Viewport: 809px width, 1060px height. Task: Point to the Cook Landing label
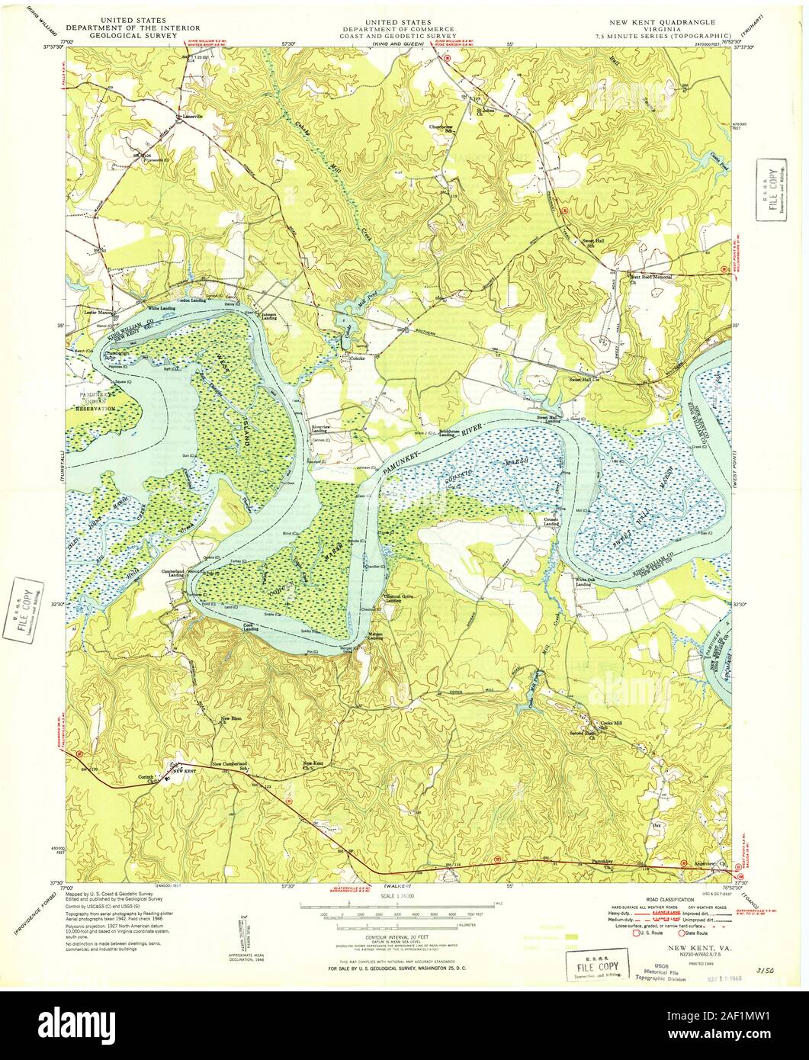pos(251,628)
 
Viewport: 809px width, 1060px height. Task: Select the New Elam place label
pos(230,719)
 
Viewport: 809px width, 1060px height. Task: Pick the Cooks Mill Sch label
pos(612,724)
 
